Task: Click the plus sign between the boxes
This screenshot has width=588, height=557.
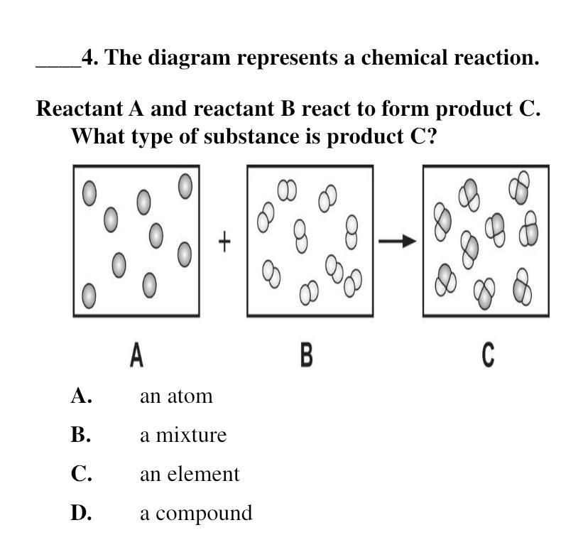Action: (x=224, y=242)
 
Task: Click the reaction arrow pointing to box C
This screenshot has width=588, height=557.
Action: (x=397, y=242)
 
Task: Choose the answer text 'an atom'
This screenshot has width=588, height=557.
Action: (x=176, y=396)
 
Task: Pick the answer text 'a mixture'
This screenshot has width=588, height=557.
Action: (x=183, y=435)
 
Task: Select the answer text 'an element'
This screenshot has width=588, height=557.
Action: (x=190, y=474)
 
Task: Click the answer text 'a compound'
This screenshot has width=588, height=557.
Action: (x=195, y=513)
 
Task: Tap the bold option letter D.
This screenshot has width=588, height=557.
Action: (x=81, y=513)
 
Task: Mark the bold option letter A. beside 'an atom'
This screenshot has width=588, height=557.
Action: (x=81, y=396)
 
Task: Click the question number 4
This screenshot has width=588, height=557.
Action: (x=89, y=58)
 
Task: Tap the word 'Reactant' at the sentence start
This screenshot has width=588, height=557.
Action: (x=80, y=109)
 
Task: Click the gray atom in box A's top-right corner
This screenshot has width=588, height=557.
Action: (x=185, y=186)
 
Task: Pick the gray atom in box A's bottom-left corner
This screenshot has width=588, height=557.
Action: (x=89, y=296)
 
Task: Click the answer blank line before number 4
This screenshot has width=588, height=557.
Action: (x=58, y=64)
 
